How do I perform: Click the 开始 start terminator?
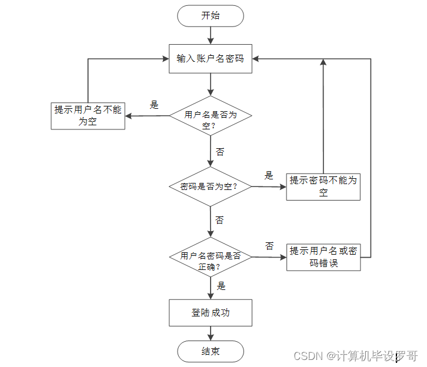coord(210,16)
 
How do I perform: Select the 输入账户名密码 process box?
coord(210,59)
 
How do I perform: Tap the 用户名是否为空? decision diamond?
coord(210,115)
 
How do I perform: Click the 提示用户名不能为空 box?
coord(88,116)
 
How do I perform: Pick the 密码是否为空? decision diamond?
coord(210,186)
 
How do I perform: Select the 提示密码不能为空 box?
coord(323,186)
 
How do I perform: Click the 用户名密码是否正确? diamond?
coord(210,257)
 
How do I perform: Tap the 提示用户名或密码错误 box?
coord(323,257)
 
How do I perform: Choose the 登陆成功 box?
coord(210,313)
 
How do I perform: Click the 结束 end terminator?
coord(210,351)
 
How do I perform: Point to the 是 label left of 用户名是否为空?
coord(154,105)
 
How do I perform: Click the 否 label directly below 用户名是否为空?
coord(220,152)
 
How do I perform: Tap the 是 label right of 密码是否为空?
coord(269,175)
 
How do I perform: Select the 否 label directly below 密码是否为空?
coord(219,220)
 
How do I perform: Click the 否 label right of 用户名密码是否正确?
coord(269,246)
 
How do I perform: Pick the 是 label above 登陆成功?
coord(221,286)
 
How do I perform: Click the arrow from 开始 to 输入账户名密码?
coord(211,35)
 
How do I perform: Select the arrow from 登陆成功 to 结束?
coord(211,333)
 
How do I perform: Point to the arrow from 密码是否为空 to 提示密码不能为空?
coord(269,187)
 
